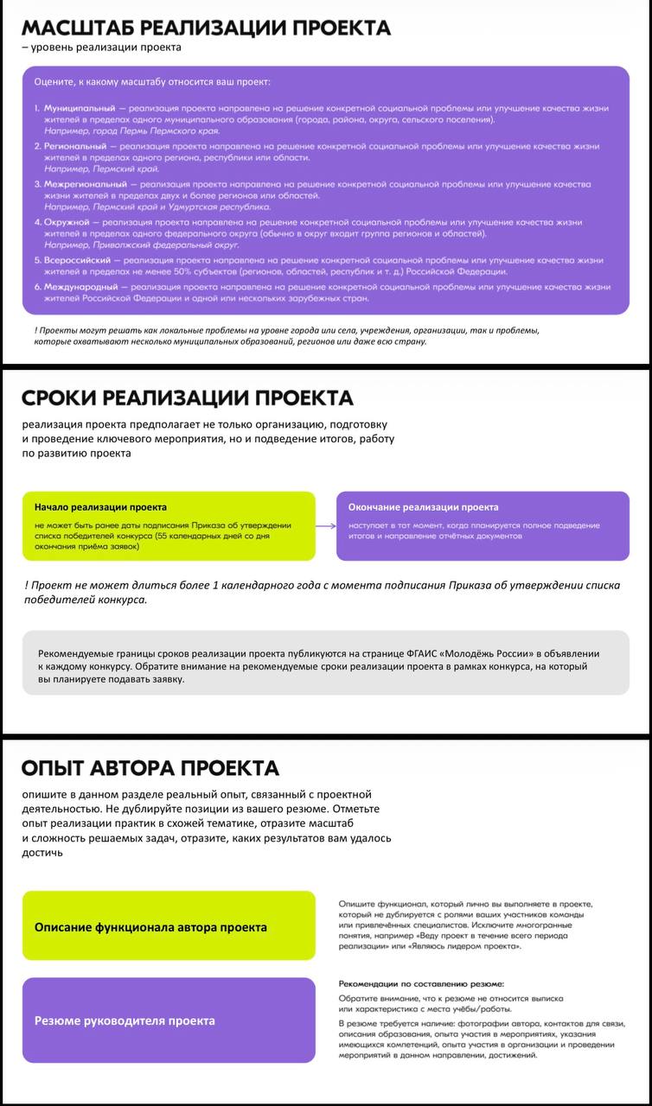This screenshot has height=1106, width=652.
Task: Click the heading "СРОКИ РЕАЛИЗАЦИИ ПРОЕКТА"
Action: click(188, 398)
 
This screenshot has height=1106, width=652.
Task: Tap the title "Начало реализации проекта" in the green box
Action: click(100, 507)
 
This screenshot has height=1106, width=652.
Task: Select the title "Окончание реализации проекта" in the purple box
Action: click(423, 507)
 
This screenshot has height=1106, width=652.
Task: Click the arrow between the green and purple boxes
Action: click(326, 525)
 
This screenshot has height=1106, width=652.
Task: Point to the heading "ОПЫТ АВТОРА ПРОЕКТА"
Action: click(150, 768)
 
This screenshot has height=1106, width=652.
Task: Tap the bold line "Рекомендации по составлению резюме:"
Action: click(421, 984)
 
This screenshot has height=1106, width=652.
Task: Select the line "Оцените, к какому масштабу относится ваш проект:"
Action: click(152, 82)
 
